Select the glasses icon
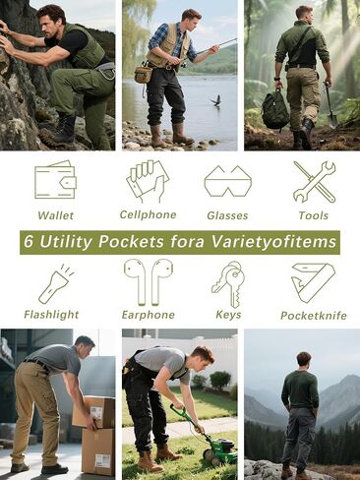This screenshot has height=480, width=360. coord(228,181)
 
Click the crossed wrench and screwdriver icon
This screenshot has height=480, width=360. coord(314,181)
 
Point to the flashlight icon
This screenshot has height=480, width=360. coord(55,284)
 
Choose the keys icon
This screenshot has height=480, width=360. coord(228,283)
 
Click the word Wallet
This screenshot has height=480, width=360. coord(55,215)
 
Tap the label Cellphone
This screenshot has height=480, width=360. coord(148,214)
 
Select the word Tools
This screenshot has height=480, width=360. coord(314,215)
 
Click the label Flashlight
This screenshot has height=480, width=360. coord(51,315)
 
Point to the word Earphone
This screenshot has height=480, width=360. coord(149,315)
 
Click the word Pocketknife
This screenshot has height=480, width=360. coord(314,316)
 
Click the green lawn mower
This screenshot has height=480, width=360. coord(211,436)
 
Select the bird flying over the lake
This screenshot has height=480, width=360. coord(215,100)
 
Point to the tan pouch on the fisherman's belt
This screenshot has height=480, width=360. coord(144,75)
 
